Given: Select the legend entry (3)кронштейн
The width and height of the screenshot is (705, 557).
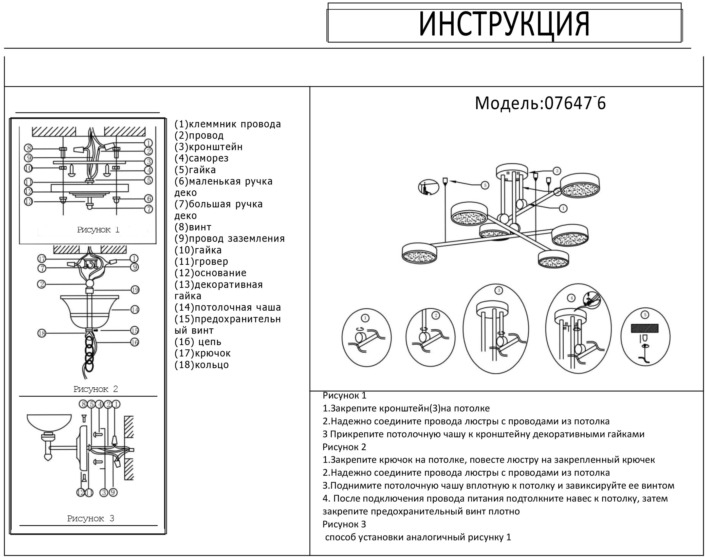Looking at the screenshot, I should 209,147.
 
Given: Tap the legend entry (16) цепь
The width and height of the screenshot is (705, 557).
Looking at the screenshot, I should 198,342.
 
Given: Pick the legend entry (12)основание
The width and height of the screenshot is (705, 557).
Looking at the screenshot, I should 211,273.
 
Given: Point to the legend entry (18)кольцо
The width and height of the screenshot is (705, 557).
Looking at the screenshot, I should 201,365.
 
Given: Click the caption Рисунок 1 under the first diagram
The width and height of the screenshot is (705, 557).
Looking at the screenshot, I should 98,230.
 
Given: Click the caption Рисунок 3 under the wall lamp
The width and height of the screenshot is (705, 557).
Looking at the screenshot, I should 90,518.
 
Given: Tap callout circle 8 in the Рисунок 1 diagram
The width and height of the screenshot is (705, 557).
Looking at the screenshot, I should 29,148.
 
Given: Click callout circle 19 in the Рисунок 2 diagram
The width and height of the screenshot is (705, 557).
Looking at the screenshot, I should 135,290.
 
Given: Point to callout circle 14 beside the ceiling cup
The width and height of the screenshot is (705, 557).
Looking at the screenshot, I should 135,309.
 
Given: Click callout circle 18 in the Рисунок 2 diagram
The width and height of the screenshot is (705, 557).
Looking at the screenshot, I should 42,333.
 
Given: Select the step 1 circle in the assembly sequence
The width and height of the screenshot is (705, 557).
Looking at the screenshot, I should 366,337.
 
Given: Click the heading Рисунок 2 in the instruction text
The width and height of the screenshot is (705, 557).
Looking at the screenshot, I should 344,447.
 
